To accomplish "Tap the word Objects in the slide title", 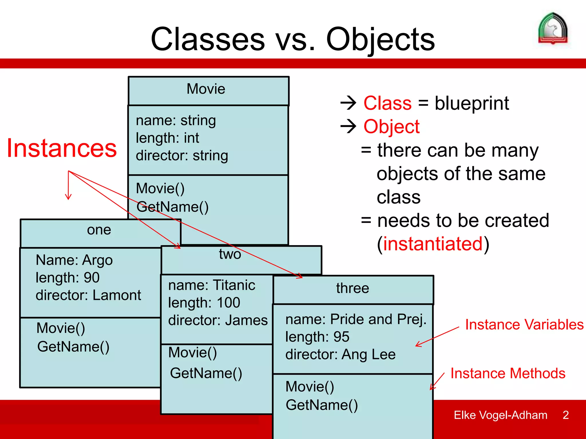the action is click(x=380, y=39).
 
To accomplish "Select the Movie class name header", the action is click(x=206, y=89).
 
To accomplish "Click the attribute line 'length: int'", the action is click(x=167, y=138).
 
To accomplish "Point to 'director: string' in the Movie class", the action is click(x=182, y=156).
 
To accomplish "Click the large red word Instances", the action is click(x=62, y=148).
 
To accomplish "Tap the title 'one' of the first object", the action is click(x=99, y=230).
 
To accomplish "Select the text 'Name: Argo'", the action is click(x=74, y=260).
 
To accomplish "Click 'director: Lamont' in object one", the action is click(x=88, y=295).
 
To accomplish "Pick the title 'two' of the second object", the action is click(x=230, y=254).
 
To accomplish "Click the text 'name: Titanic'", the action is click(x=211, y=285).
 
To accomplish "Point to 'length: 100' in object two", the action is click(x=204, y=303).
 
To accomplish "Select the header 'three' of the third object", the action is click(x=353, y=288).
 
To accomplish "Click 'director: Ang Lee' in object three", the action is click(x=340, y=354).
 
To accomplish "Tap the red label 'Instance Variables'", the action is click(x=524, y=325).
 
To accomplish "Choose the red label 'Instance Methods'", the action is click(x=508, y=374).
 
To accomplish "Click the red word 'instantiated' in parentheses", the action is click(x=433, y=244).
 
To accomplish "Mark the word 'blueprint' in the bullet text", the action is click(x=472, y=103).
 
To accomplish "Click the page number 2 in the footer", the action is click(x=565, y=415).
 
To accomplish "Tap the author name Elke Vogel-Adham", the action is click(x=500, y=415).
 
